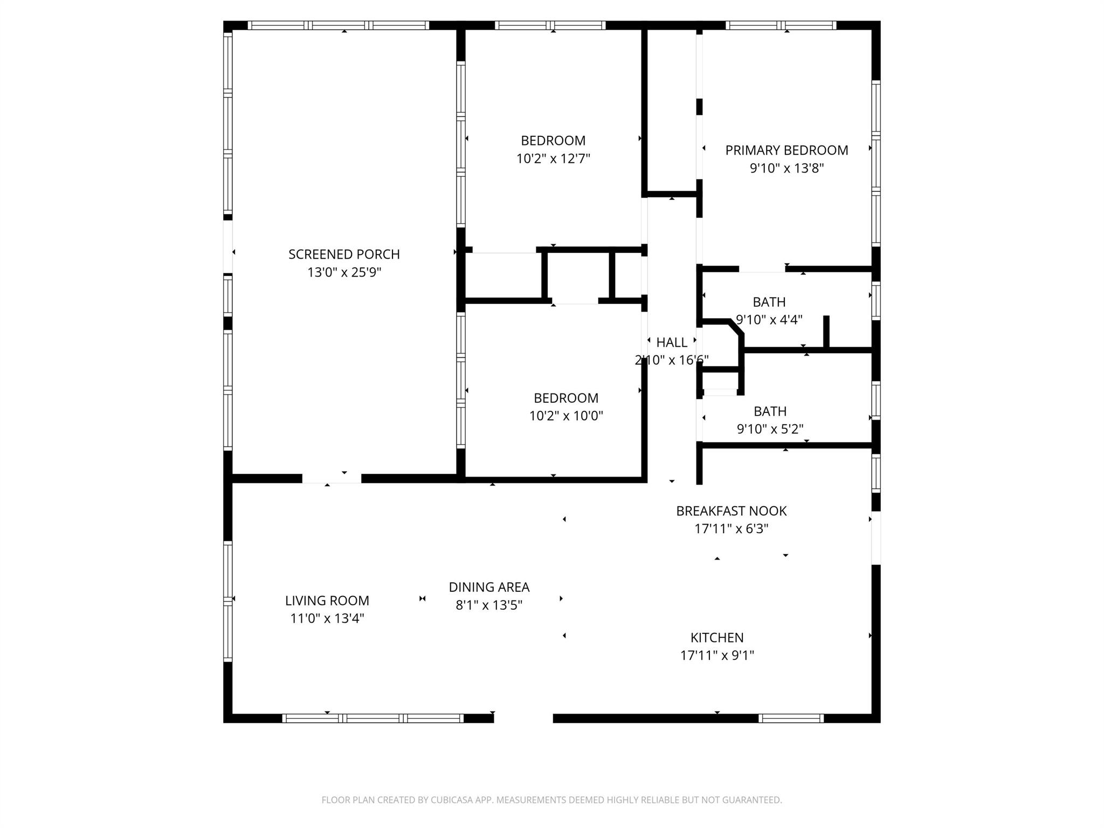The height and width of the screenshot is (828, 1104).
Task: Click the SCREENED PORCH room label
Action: (344, 254)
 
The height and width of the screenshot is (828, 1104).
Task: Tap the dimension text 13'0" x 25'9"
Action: (344, 272)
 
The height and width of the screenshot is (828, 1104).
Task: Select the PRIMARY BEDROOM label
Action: (786, 150)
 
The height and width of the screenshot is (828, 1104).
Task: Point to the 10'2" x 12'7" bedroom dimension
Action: (553, 159)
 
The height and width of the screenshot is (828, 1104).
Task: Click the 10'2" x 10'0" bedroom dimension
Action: (566, 416)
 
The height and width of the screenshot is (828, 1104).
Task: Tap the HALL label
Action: (672, 342)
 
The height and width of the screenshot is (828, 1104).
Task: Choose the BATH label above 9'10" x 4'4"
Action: (769, 302)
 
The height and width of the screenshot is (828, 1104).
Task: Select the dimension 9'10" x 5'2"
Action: (770, 429)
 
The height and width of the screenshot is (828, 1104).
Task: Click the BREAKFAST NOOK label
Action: (732, 511)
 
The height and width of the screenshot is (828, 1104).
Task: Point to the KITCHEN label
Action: (717, 638)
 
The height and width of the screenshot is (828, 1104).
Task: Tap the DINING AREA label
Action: (489, 587)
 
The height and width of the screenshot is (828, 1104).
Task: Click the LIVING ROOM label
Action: (327, 601)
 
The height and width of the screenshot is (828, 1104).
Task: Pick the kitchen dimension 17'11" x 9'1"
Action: (717, 655)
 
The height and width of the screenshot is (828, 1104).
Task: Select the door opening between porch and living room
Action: (332, 479)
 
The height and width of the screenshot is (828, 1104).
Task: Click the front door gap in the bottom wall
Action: (523, 718)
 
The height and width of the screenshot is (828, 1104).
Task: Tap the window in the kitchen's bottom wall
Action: (791, 718)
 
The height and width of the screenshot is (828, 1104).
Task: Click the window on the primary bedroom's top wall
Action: (781, 25)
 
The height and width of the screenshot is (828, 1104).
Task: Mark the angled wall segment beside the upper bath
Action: (737, 328)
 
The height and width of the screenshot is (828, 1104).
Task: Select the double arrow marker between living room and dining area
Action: (423, 598)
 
